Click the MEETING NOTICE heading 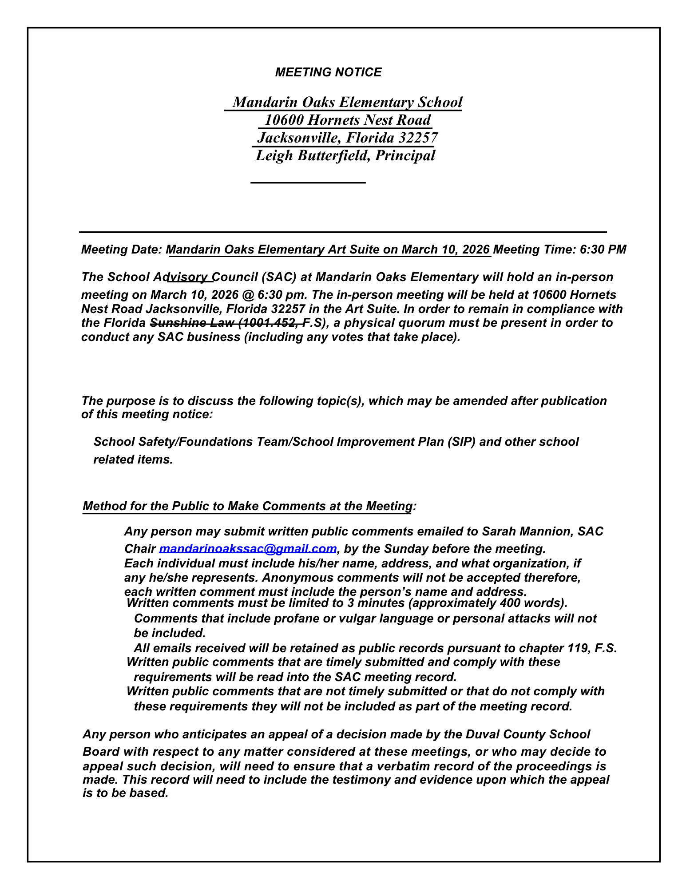coord(328,72)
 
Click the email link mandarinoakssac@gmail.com coord(247,549)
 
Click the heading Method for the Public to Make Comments coord(247,506)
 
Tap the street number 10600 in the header coord(284,120)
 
